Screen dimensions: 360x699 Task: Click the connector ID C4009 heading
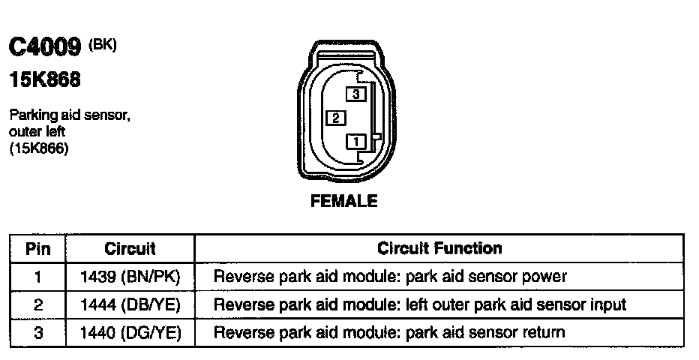pyautogui.click(x=44, y=49)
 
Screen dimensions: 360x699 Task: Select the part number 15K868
pyautogui.click(x=44, y=79)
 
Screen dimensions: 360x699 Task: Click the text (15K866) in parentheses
pyautogui.click(x=39, y=148)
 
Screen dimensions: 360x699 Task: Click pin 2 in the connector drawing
pyautogui.click(x=337, y=118)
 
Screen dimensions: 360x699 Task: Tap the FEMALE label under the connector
pyautogui.click(x=344, y=201)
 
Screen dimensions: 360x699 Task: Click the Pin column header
pyautogui.click(x=37, y=248)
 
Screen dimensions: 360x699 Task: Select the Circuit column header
pyautogui.click(x=130, y=248)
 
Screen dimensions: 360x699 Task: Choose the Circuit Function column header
pyautogui.click(x=439, y=248)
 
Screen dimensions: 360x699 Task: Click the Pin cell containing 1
pyautogui.click(x=37, y=277)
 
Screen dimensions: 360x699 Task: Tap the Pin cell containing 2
pyautogui.click(x=37, y=304)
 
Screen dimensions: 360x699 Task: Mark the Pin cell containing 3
pyautogui.click(x=37, y=332)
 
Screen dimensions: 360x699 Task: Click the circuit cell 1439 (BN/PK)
pyautogui.click(x=130, y=277)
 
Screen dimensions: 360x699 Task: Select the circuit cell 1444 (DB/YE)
pyautogui.click(x=130, y=304)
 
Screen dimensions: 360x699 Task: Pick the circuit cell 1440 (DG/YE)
pyautogui.click(x=130, y=332)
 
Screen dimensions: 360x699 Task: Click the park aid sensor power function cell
pyautogui.click(x=390, y=277)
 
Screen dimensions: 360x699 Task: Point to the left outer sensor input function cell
pyautogui.click(x=420, y=304)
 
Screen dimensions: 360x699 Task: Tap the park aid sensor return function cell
pyautogui.click(x=389, y=332)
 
